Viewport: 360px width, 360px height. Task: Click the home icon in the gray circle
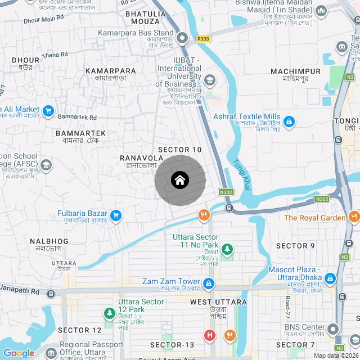pos(179,180)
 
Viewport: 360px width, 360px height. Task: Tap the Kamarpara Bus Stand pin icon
pos(182,38)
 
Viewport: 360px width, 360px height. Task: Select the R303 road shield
pos(203,39)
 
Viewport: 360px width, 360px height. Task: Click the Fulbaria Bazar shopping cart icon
pos(116,215)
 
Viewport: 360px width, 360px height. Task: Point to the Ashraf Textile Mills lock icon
pos(289,121)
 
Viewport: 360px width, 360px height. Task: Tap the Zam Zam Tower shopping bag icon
pos(209,283)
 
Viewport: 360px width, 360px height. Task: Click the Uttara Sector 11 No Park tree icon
pos(227,248)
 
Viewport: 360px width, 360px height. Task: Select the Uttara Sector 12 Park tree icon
pos(109,313)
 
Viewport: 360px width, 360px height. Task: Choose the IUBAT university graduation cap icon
pos(209,80)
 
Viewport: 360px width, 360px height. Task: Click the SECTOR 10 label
pos(180,150)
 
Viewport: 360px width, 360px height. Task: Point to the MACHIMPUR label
pos(295,71)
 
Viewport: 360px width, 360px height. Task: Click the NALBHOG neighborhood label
pos(49,241)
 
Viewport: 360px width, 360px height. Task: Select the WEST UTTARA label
pos(218,302)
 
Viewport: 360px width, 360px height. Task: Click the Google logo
pos(19,353)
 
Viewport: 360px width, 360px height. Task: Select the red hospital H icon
pos(209,336)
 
